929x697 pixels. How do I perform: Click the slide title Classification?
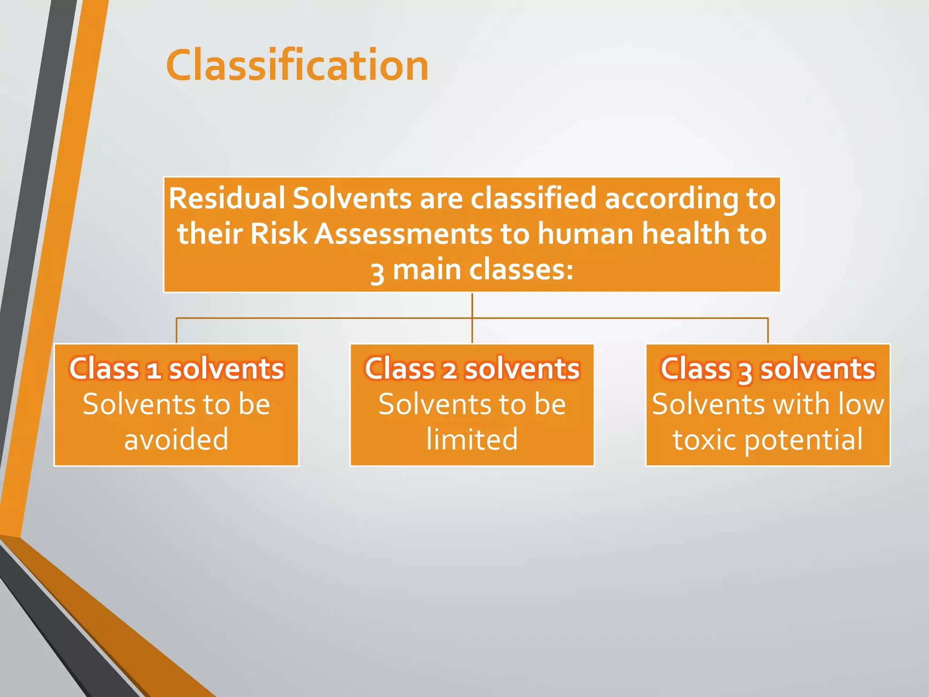click(297, 66)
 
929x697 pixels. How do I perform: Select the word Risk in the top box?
click(279, 234)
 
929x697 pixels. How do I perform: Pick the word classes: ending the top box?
click(521, 270)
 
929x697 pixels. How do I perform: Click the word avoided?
click(176, 439)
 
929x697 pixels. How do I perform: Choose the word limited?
click(472, 439)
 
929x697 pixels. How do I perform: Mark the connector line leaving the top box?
click(472, 305)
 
